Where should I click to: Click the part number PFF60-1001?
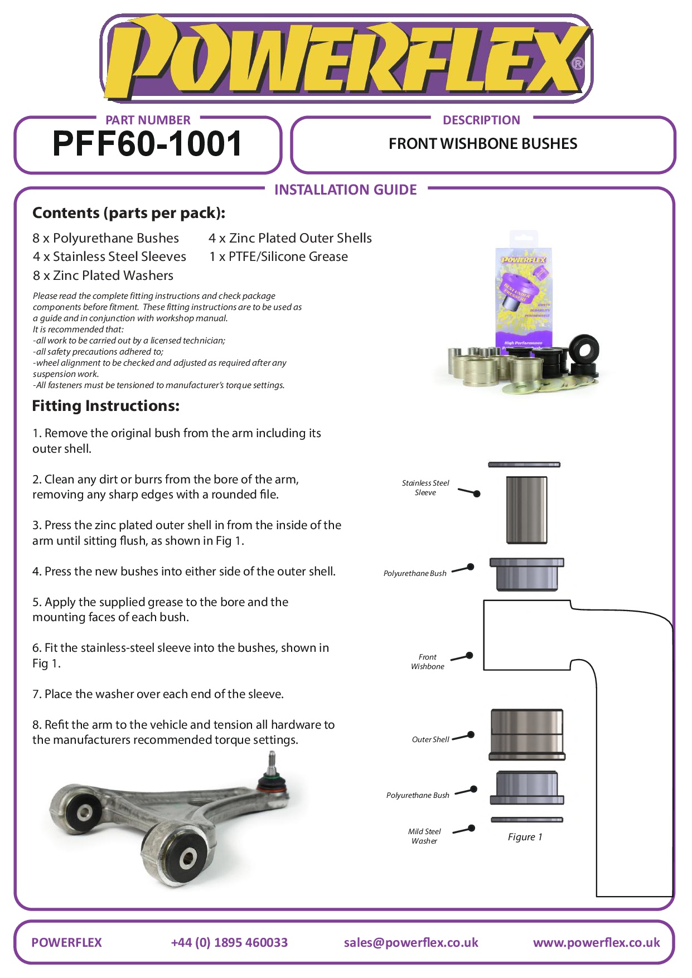pos(147,144)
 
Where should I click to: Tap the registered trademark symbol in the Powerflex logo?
pos(578,64)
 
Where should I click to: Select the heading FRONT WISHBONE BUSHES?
pos(483,144)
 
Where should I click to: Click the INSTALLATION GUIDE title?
pos(345,190)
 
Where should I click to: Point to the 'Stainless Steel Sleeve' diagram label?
pos(425,488)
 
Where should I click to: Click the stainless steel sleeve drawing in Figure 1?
pos(526,510)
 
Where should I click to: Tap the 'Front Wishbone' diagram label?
pos(428,662)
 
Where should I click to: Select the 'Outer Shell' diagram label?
pos(430,740)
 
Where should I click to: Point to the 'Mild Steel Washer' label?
pos(424,836)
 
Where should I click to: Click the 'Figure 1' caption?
pos(525,837)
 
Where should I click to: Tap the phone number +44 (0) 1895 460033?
pos(229,943)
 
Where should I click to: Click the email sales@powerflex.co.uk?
pos(411,943)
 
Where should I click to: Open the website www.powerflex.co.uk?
pos(596,943)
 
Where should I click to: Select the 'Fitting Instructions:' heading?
pos(106,406)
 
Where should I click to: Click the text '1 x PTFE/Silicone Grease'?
pos(278,256)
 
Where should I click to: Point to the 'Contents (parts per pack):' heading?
pos(129,213)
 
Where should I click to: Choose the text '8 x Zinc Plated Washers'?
pos(103,275)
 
